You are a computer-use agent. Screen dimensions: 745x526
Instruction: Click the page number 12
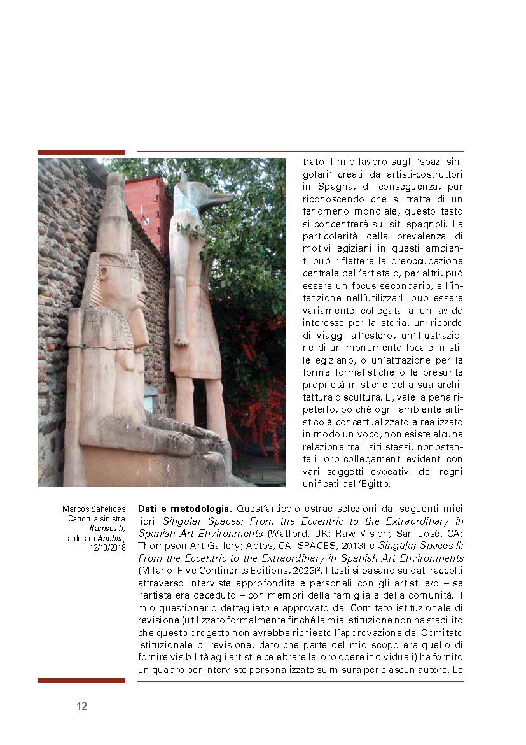(x=81, y=706)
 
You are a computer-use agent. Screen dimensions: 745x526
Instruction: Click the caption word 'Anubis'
(x=109, y=538)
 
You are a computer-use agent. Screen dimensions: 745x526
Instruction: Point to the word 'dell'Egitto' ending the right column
(x=366, y=484)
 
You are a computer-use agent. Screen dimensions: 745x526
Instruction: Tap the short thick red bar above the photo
(x=81, y=152)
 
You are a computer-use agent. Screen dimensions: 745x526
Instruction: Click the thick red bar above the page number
(x=81, y=680)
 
